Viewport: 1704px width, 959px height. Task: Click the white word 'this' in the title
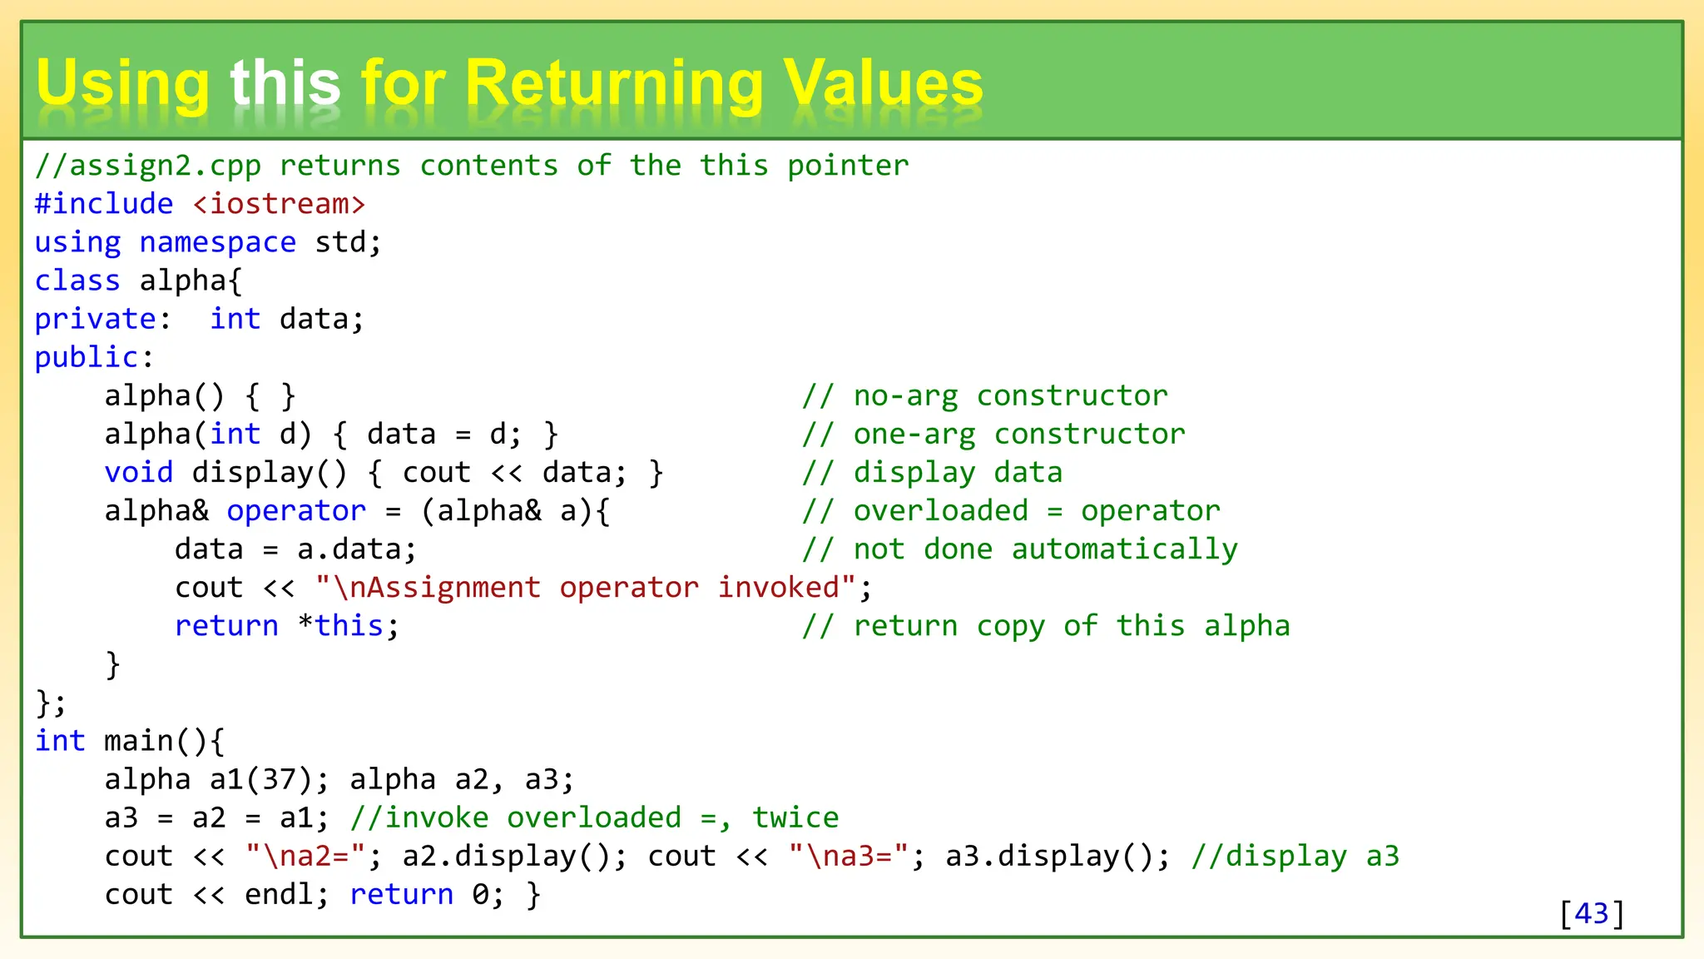tap(285, 84)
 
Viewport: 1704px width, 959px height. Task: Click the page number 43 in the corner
tap(1591, 913)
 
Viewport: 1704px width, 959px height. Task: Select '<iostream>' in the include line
tap(279, 204)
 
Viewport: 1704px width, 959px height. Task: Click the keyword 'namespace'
tap(217, 242)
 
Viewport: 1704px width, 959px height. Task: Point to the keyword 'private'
tap(96, 319)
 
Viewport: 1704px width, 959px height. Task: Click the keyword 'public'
tap(87, 357)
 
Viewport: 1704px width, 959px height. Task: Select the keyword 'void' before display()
tap(138, 472)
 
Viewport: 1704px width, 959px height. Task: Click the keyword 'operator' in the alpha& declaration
tap(296, 510)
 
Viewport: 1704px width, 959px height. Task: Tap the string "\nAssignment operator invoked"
tap(586, 588)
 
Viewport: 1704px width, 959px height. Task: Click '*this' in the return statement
tap(341, 626)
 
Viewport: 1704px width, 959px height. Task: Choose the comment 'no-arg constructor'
tap(1010, 395)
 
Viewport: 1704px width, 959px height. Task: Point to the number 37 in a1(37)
tap(279, 780)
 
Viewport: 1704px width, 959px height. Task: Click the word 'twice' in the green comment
tap(795, 817)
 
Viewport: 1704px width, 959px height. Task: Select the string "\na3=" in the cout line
tap(848, 856)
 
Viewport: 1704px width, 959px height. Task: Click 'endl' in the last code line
tap(279, 894)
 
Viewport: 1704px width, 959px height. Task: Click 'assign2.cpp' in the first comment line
tap(165, 166)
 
